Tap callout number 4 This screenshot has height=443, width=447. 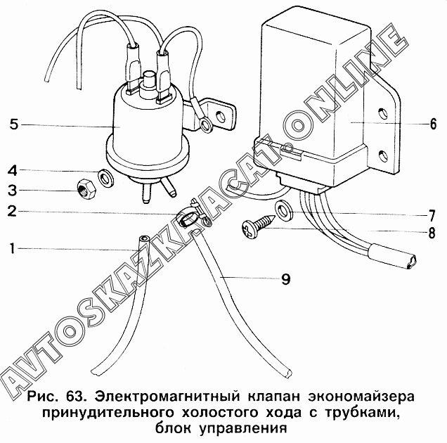point(13,170)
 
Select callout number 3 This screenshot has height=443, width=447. point(13,190)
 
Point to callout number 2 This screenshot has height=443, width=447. point(13,210)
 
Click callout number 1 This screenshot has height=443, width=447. point(13,248)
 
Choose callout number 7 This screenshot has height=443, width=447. point(433,213)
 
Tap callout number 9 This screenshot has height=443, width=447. point(285,278)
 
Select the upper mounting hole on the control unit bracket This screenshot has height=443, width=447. point(382,113)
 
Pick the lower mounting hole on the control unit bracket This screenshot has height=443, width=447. point(382,155)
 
